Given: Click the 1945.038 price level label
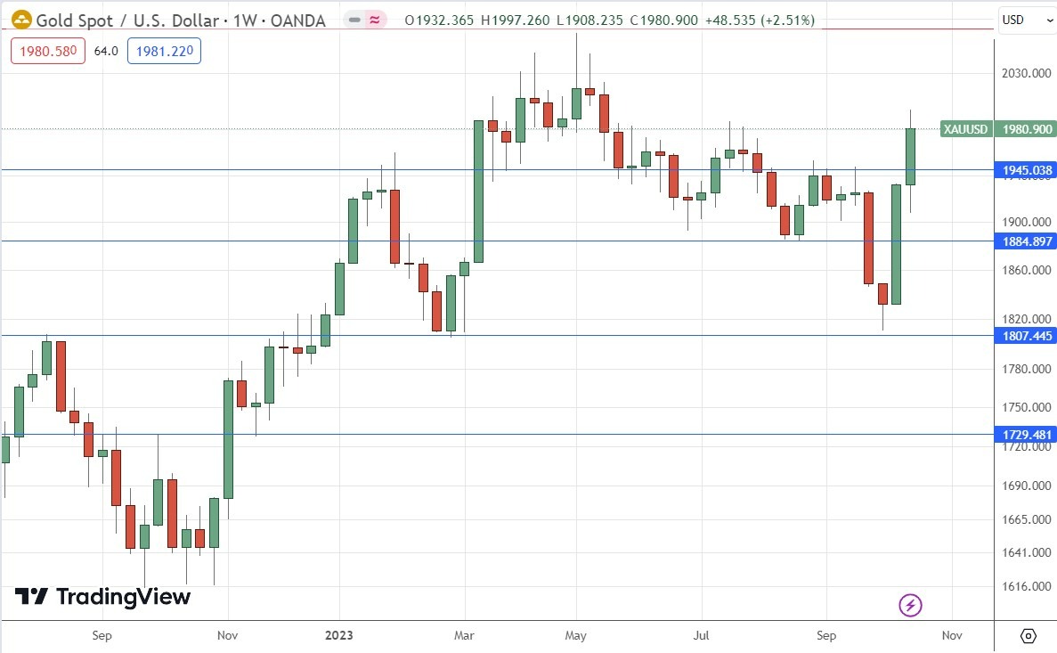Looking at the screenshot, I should click(x=1025, y=170).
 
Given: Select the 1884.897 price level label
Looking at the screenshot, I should click(x=1025, y=241).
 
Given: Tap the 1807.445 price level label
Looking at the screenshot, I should click(x=1025, y=336).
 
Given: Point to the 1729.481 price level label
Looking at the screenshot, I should click(x=1025, y=436).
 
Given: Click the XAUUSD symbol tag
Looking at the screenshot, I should click(x=966, y=129).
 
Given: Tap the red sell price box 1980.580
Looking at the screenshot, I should click(x=47, y=52).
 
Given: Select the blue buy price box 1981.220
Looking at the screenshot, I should click(x=164, y=52).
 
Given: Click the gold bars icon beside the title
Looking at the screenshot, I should click(x=21, y=20).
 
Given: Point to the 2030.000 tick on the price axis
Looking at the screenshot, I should click(x=1023, y=74).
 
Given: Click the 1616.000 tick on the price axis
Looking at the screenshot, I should click(x=1023, y=586).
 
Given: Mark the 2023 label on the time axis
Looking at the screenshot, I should click(x=338, y=635).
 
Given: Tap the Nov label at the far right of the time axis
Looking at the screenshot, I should click(x=951, y=635).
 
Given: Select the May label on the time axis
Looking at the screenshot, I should click(x=575, y=635).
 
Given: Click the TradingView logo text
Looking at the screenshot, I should click(x=102, y=597).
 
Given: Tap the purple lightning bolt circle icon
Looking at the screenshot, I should click(x=910, y=606).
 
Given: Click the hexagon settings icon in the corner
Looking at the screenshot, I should click(x=1029, y=635).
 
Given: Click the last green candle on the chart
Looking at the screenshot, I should click(x=910, y=157).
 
